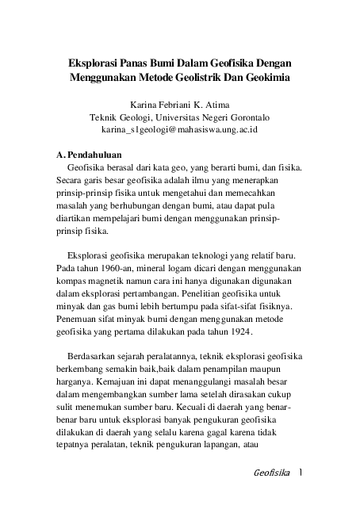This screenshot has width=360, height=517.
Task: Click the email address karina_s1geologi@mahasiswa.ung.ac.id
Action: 180,128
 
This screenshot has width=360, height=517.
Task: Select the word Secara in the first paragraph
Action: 60,182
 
